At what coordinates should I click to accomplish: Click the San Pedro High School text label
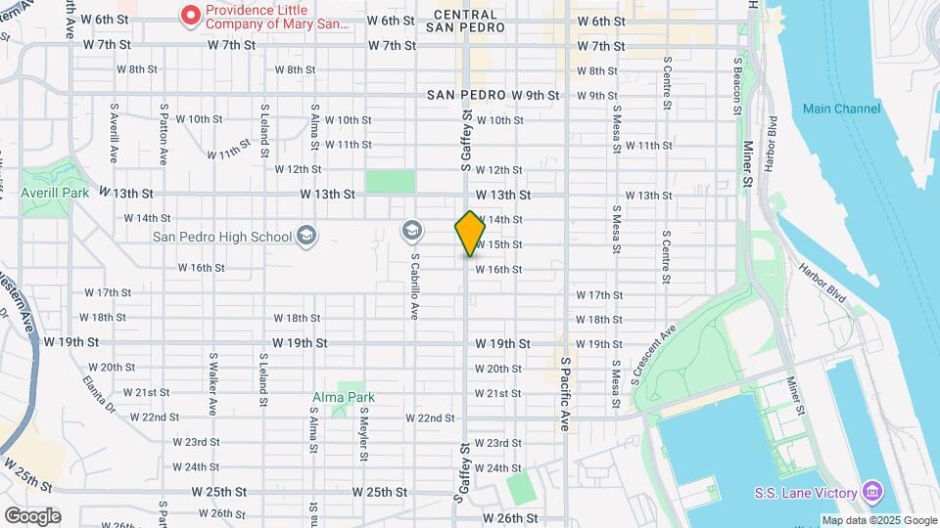pyautogui.click(x=221, y=237)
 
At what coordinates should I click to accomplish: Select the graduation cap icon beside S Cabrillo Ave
pyautogui.click(x=412, y=231)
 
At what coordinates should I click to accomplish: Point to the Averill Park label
pyautogui.click(x=55, y=194)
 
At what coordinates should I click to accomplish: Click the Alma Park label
pyautogui.click(x=344, y=397)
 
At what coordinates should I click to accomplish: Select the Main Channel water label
pyautogui.click(x=841, y=109)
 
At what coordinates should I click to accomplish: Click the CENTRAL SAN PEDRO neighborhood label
pyautogui.click(x=469, y=22)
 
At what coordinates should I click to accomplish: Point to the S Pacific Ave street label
pyautogui.click(x=566, y=393)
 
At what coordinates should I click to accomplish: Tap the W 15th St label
pyautogui.click(x=498, y=244)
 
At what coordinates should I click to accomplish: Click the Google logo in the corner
pyautogui.click(x=32, y=515)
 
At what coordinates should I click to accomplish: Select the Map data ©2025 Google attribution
pyautogui.click(x=877, y=520)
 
